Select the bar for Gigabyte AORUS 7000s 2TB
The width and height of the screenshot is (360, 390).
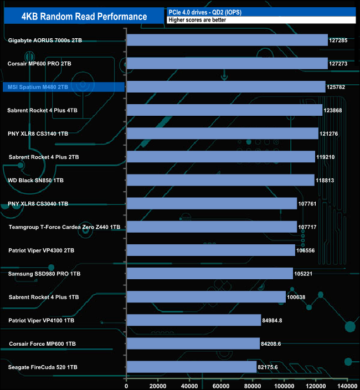227,40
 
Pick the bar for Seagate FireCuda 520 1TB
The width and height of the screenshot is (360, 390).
192,367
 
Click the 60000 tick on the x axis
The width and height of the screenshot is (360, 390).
222,386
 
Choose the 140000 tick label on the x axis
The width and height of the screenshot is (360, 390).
347,386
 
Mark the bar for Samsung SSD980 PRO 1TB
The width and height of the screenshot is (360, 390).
210,273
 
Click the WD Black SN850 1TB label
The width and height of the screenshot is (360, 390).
36,181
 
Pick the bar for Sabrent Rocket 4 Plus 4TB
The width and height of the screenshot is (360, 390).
224,110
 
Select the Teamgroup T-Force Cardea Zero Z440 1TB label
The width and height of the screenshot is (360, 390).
64,227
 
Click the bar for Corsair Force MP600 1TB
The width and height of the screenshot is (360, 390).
193,343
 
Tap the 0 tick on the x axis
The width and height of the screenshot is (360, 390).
127,386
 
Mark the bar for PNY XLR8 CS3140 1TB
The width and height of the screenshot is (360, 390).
223,134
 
